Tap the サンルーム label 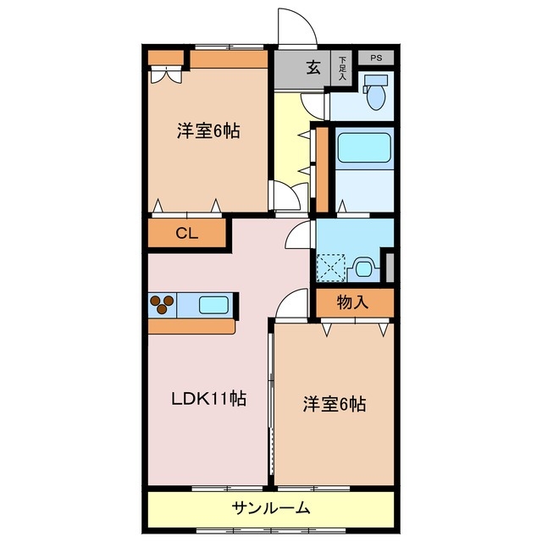271,508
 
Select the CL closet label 187,235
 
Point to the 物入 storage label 352,301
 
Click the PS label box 376,58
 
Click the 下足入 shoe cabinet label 343,68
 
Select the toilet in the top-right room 373,92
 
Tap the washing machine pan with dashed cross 331,268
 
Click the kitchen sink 215,303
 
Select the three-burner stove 162,303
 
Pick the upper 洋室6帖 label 207,131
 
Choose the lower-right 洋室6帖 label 335,405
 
